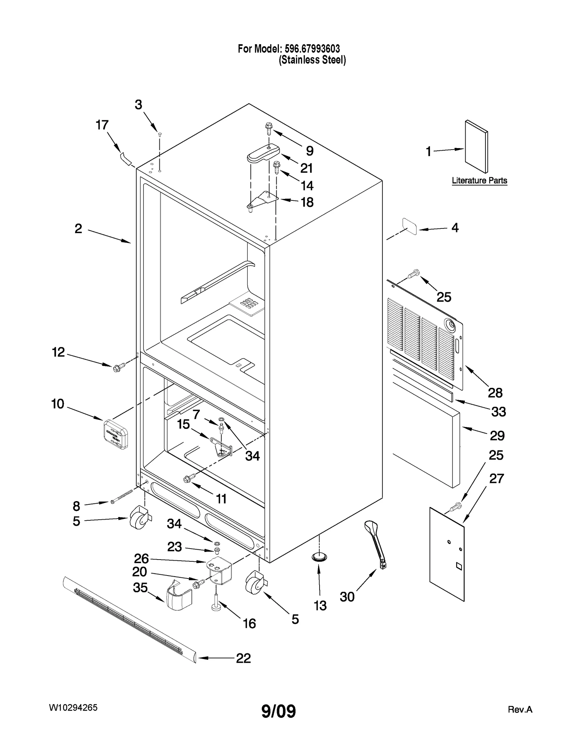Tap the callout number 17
point(102,125)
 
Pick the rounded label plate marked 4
point(409,227)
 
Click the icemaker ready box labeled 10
point(115,434)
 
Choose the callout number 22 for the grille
point(243,658)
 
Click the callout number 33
point(498,412)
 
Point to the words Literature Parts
point(479,180)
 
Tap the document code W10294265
point(73,707)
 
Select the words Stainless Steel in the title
point(312,60)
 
